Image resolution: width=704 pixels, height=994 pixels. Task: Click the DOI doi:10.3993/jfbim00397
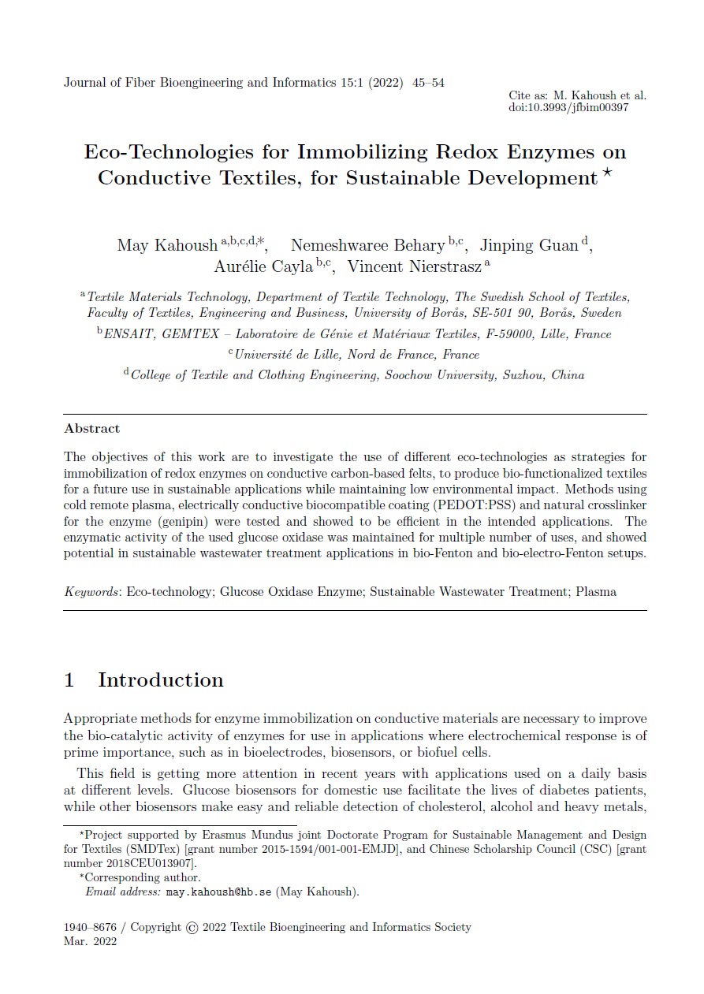[x=568, y=108]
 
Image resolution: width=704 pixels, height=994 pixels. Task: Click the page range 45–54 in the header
[x=428, y=83]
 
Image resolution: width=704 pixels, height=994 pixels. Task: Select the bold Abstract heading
[x=91, y=429]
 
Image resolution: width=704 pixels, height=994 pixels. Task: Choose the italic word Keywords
[x=90, y=591]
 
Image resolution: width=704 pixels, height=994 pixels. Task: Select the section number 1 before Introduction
[x=69, y=680]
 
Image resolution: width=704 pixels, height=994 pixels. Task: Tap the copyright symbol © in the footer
[x=192, y=928]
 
